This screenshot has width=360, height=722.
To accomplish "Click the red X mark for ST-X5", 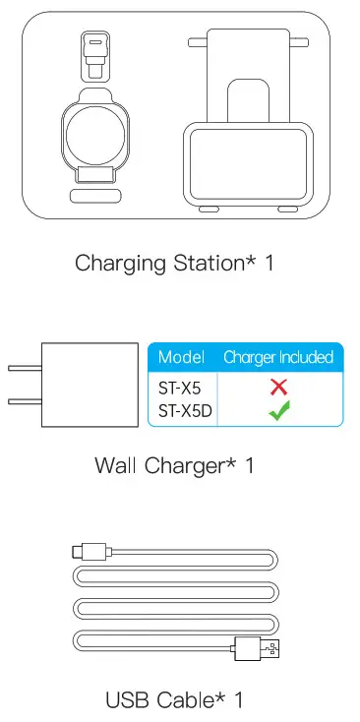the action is (278, 387).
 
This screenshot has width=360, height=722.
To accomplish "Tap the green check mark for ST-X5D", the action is (278, 411).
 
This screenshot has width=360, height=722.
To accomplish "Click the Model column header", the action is (181, 357).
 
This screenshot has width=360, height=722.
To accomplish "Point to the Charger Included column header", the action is (278, 357).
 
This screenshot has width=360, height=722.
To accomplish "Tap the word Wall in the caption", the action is (116, 464).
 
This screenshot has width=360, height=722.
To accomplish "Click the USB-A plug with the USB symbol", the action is (273, 647).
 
